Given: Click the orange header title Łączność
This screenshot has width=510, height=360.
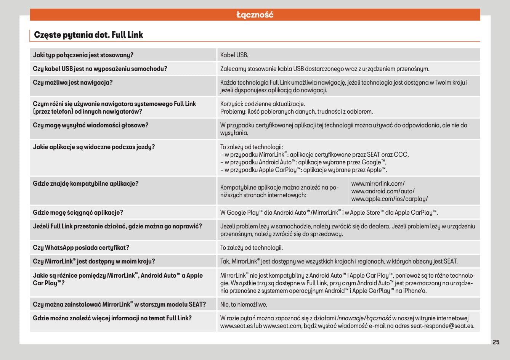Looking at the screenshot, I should (x=255, y=15).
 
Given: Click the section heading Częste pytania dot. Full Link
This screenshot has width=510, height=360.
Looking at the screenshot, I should (x=88, y=35).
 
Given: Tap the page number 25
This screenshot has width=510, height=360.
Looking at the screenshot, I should (x=496, y=342).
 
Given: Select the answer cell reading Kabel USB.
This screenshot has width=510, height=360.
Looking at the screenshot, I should (x=234, y=55).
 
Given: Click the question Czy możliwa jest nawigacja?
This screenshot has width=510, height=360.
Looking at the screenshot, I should (x=73, y=82).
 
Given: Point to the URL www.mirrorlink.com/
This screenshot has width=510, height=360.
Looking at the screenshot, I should (x=378, y=183).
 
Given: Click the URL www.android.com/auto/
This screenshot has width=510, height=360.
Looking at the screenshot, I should (x=383, y=191).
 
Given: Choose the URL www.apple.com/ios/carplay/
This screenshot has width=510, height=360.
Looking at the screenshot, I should (x=389, y=199).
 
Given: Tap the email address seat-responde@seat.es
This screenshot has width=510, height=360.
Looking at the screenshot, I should (x=442, y=326).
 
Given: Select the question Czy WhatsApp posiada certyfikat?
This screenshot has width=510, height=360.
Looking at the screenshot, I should (x=81, y=247).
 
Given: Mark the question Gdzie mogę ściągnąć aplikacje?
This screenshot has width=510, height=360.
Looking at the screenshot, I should (x=78, y=212).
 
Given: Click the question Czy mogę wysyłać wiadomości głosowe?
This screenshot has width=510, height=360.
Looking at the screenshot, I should (x=91, y=125).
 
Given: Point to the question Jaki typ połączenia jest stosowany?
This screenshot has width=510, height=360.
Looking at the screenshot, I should (x=83, y=55).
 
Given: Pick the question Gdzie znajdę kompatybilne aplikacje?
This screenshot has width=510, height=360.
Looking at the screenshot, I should (x=86, y=183).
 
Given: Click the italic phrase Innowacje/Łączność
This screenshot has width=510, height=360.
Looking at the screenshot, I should (x=364, y=318).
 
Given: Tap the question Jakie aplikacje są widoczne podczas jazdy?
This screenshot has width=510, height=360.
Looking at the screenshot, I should (x=94, y=147).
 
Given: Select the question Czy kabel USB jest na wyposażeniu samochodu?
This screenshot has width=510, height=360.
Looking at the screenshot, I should (x=100, y=69).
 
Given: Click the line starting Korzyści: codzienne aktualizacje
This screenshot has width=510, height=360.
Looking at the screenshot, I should (x=262, y=104).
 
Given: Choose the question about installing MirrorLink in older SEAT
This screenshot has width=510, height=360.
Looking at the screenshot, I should (x=119, y=304).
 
